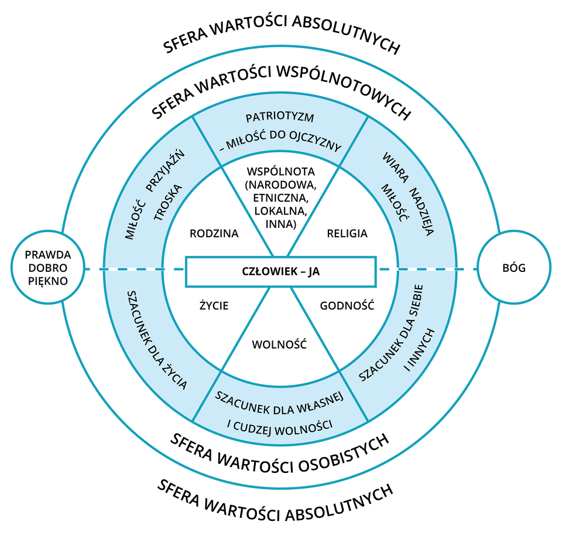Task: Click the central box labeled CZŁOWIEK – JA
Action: point(280,271)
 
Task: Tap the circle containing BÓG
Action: point(514,269)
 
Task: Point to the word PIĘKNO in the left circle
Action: point(47,281)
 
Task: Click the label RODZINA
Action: point(214,233)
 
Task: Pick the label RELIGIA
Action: point(347,233)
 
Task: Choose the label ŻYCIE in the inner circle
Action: point(214,305)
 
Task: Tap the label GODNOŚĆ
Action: point(347,305)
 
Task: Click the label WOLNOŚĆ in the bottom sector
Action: point(279,345)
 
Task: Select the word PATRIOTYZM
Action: point(280,117)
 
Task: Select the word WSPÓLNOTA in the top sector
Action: point(281,172)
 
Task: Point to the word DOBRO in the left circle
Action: point(47,268)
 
